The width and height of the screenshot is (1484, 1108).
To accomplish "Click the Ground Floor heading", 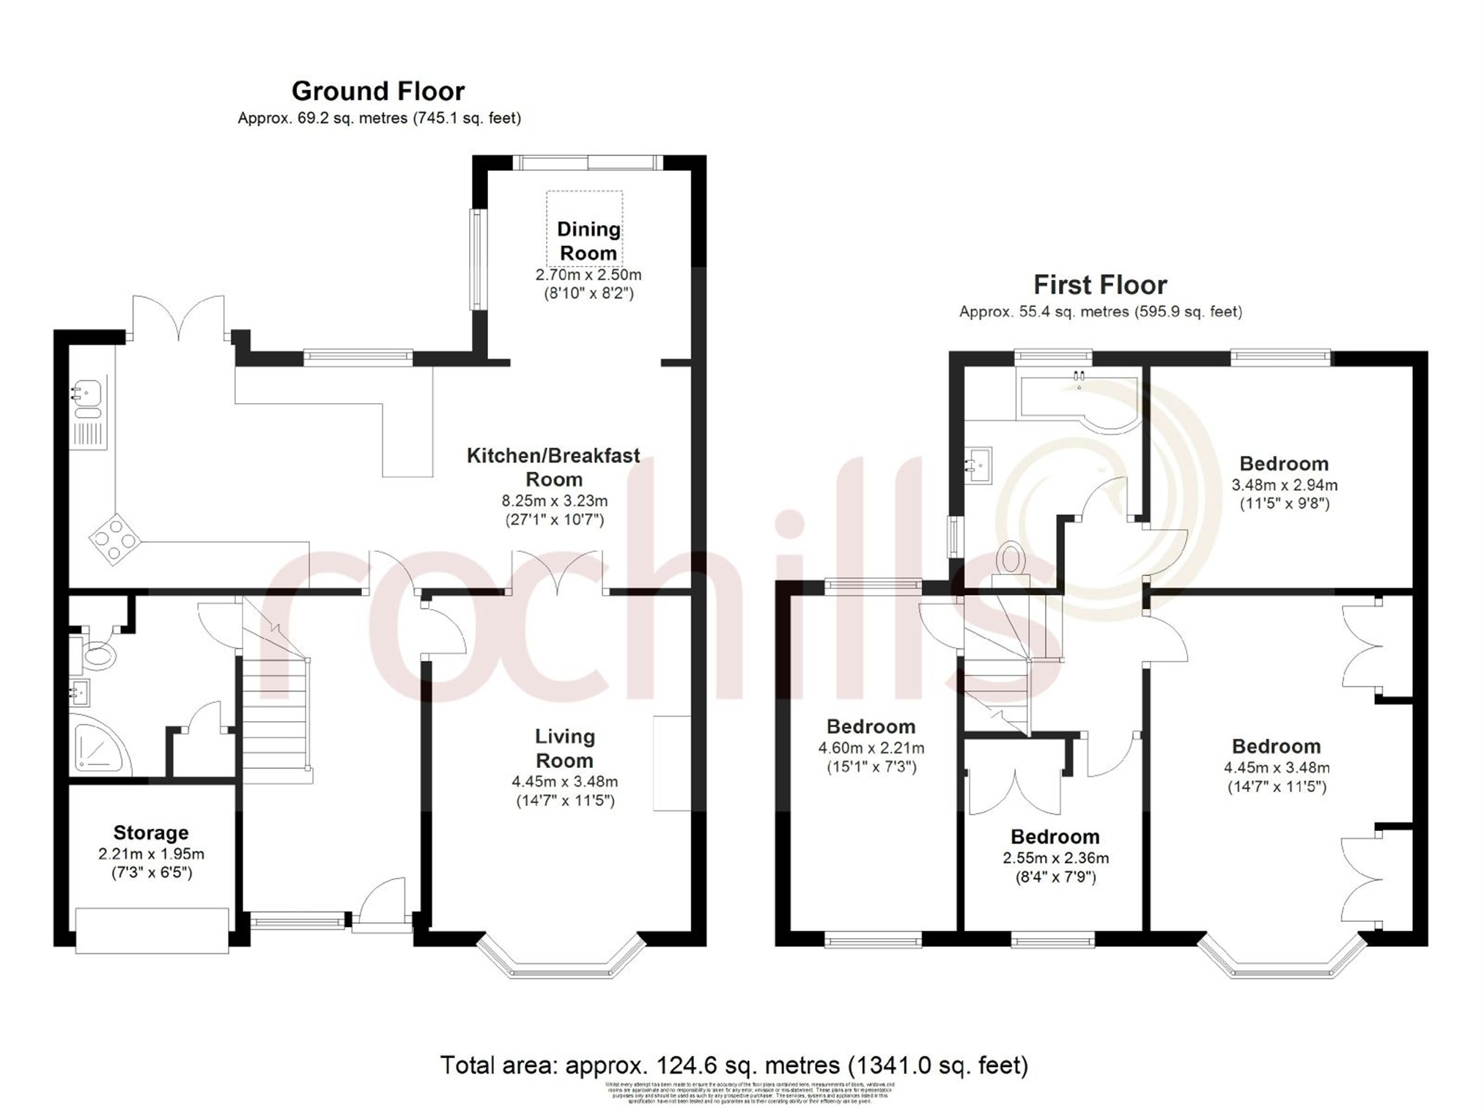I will coord(378,91).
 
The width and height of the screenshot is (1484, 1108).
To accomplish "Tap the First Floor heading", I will coord(1099,284).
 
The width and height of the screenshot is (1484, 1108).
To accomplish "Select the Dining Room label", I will coord(588,241).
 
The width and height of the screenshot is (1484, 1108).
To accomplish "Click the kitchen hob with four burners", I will coord(115,540).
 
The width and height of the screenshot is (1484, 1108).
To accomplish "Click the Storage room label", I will coord(151,832).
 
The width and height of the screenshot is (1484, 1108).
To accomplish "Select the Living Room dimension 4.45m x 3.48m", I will coord(564,782).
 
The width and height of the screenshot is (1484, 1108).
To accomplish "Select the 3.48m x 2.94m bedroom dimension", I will coord(1284,484).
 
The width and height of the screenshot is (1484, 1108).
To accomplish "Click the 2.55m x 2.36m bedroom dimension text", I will coord(1055,858).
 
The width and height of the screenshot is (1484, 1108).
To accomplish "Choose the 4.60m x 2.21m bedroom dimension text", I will coord(871,748).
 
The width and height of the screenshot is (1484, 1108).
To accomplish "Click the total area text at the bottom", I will coord(734,1065).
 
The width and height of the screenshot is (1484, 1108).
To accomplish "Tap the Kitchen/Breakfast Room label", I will coord(553,467).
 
